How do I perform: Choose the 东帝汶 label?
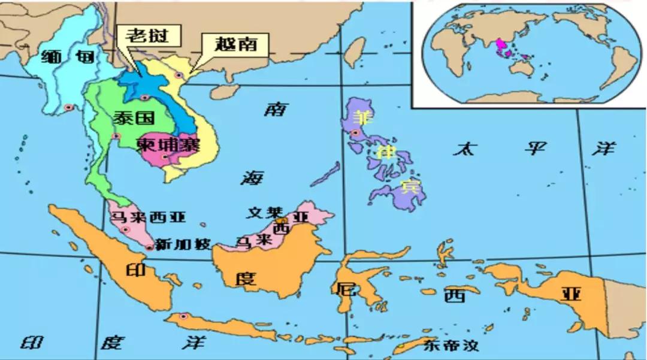click(x=451, y=346)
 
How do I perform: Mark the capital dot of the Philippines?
click(x=356, y=133)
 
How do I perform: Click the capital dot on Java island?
click(x=183, y=316)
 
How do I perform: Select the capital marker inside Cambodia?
click(x=164, y=157)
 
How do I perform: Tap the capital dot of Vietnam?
click(x=179, y=74)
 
